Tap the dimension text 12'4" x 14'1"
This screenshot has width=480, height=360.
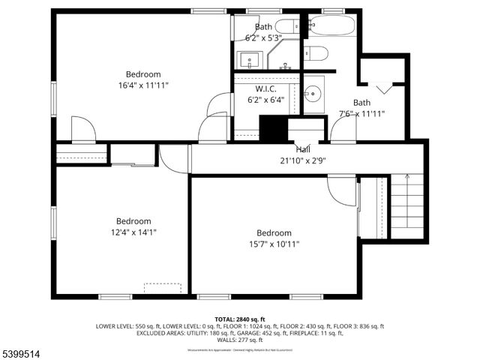(133, 232)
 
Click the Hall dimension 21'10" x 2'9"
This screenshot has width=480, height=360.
(303, 160)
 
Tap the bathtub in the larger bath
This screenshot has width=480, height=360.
(330, 26)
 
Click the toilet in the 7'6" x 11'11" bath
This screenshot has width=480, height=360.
(316, 53)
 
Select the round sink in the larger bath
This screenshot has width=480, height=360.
(314, 94)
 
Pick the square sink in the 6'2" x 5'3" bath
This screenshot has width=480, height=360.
(250, 58)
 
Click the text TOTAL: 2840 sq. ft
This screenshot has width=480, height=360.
(239, 319)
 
